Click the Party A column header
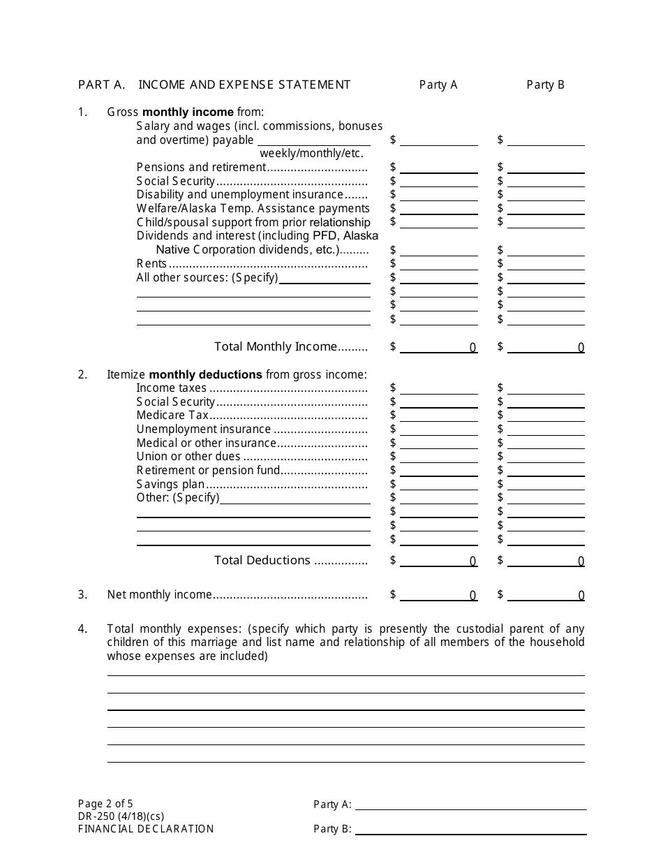[438, 85]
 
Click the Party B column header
[545, 85]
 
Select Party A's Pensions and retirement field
[438, 167]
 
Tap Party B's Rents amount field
[546, 263]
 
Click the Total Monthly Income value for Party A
[438, 346]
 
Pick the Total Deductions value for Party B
[546, 560]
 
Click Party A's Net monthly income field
[438, 594]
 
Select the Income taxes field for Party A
[438, 388]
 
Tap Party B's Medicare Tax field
[546, 415]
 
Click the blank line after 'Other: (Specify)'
[295, 498]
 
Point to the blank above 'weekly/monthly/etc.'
[311, 140]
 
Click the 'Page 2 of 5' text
[105, 803]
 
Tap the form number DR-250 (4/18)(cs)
[121, 816]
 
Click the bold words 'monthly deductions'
[205, 374]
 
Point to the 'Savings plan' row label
[170, 484]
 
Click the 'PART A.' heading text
[101, 85]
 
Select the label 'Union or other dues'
[188, 456]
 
